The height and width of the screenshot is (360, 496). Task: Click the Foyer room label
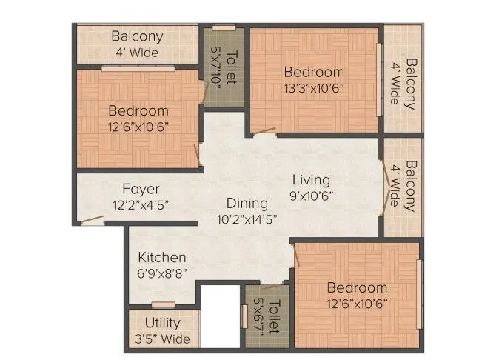tap(141, 189)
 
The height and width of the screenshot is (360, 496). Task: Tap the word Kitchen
tap(161, 257)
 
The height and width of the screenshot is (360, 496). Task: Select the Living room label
tap(310, 180)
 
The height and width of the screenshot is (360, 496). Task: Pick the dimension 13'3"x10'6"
tap(314, 87)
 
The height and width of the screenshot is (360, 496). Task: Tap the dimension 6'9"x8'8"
tap(161, 273)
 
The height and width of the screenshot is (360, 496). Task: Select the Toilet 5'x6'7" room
tap(265, 317)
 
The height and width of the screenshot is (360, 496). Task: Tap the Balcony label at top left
tap(137, 36)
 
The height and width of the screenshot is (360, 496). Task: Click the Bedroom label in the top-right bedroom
tap(314, 72)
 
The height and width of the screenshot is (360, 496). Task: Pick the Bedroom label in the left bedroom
tap(138, 111)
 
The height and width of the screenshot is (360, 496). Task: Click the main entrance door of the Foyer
tap(93, 219)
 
